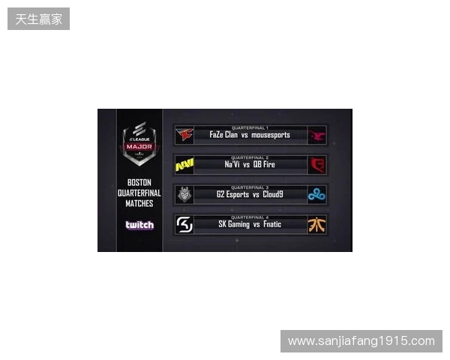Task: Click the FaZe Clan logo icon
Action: click(184, 135)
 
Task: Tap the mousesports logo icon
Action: click(317, 135)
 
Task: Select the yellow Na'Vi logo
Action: click(184, 165)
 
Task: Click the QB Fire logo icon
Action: click(317, 165)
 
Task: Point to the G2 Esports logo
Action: click(184, 195)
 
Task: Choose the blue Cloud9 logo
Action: click(317, 195)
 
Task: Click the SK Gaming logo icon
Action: click(184, 224)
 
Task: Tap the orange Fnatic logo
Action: click(317, 224)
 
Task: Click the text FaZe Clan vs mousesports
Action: click(250, 136)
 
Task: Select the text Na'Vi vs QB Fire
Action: click(250, 165)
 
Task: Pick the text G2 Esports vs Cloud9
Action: click(250, 195)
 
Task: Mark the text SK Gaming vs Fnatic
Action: click(250, 224)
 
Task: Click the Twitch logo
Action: click(139, 225)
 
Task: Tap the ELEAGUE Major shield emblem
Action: click(139, 142)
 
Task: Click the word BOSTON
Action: click(139, 182)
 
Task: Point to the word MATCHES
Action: click(139, 203)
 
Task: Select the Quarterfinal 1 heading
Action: click(250, 127)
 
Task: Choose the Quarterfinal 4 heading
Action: click(250, 217)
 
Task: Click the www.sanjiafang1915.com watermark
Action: click(361, 341)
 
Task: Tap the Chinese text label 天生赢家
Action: click(39, 19)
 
